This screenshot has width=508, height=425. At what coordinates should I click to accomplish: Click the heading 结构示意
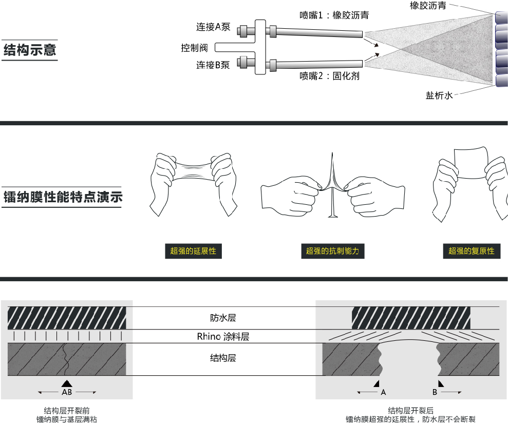30,50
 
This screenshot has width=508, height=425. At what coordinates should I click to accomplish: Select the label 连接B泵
213,65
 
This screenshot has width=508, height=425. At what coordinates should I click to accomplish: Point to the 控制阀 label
194,48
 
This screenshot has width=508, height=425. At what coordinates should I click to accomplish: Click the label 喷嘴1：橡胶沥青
334,15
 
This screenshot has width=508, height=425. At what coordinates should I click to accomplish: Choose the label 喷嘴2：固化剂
329,76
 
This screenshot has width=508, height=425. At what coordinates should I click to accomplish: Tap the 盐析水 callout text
439,95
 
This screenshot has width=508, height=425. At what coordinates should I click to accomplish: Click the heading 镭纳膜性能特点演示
62,197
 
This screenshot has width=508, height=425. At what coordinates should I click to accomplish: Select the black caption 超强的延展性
193,251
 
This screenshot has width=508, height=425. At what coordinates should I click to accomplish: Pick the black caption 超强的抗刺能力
332,251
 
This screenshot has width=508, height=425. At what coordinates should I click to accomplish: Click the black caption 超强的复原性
471,251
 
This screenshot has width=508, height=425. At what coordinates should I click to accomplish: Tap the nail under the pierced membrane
332,205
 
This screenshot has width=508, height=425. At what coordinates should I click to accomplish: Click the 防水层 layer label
223,318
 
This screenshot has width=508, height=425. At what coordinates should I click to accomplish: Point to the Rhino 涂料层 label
223,337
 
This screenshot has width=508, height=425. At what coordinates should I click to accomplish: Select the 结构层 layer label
223,358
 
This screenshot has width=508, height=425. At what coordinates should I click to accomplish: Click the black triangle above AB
67,383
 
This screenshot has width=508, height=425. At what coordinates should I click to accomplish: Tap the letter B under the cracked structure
435,392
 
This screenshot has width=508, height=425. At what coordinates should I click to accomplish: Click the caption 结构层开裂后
410,411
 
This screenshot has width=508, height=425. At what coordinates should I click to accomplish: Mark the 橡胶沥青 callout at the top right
427,6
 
